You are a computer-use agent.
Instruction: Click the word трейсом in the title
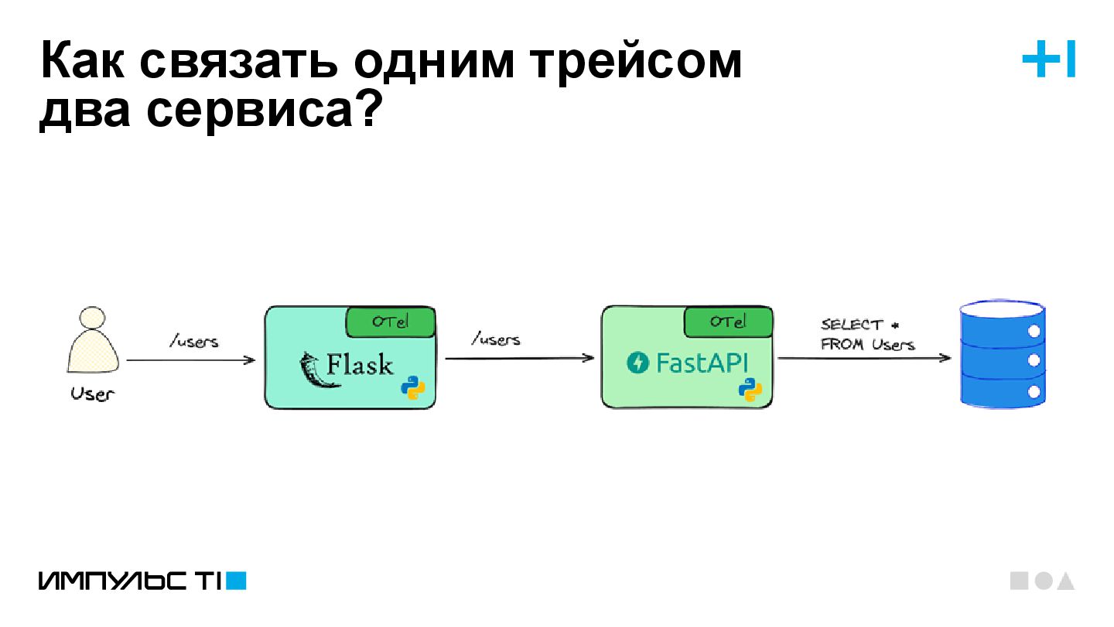[x=635, y=62]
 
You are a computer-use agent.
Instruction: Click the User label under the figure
[x=92, y=394]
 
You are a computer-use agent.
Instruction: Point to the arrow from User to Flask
[x=190, y=360]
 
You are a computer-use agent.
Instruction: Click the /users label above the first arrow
[x=193, y=341]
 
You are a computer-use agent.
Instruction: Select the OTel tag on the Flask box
[x=390, y=322]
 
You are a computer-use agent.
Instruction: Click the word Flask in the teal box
[x=360, y=363]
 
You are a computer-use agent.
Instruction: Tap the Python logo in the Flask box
[x=413, y=388]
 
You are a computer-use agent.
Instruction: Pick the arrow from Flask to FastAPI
[x=519, y=359]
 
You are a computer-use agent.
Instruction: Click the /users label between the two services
[x=495, y=339]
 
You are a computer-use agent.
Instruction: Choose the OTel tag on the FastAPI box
[x=727, y=322]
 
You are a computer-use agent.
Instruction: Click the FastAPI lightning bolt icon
[x=639, y=363]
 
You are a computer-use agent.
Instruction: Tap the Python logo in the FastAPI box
[x=750, y=390]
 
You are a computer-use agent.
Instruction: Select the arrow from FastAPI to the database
[x=863, y=359]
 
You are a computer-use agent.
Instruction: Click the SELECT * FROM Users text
[x=867, y=335]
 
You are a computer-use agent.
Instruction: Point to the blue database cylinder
[x=1003, y=355]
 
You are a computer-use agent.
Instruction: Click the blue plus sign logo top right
[x=1038, y=60]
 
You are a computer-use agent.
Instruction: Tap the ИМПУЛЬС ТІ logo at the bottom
[x=142, y=581]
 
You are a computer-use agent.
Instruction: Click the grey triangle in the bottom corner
[x=1065, y=581]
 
